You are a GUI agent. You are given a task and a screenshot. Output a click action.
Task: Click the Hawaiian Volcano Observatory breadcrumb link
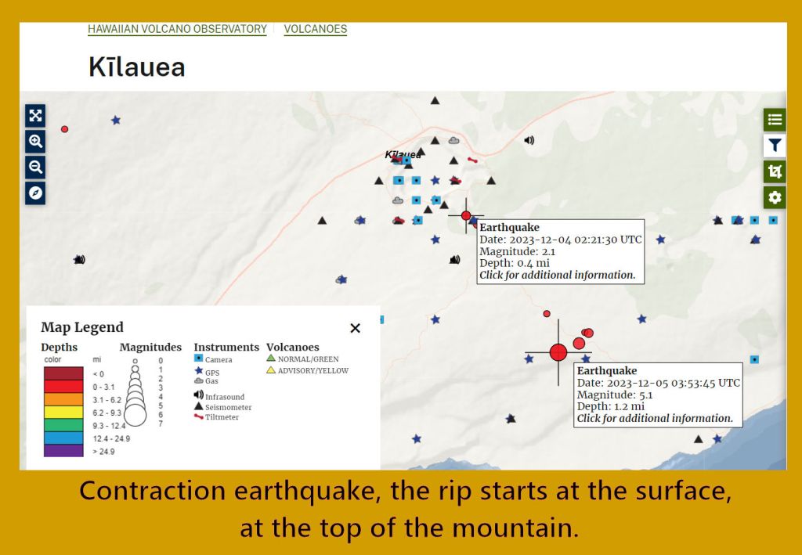click(x=177, y=29)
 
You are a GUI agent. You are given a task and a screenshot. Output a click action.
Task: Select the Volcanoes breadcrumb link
click(x=315, y=29)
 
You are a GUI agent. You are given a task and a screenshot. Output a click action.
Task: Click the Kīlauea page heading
click(x=136, y=67)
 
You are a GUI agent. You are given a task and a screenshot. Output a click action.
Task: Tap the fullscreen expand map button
click(x=35, y=116)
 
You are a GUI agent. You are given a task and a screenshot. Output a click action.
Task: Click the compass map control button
click(x=35, y=193)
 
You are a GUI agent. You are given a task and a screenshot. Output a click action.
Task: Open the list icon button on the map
click(x=775, y=120)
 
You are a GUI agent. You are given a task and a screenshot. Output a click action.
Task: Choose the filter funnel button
click(x=775, y=146)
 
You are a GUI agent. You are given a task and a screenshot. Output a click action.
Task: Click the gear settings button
click(x=775, y=197)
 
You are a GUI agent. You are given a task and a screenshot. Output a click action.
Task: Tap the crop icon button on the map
click(x=775, y=171)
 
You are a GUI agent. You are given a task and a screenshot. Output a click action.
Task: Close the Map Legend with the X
click(x=355, y=328)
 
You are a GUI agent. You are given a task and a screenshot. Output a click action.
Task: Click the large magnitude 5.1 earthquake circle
click(x=558, y=352)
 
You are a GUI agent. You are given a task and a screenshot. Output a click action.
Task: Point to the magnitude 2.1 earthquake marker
click(x=466, y=216)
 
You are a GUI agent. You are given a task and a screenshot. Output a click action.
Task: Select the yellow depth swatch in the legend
click(x=63, y=412)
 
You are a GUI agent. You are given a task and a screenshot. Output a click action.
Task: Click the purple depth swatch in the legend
click(x=63, y=451)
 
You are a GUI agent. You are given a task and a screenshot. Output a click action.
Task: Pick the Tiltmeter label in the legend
click(x=222, y=417)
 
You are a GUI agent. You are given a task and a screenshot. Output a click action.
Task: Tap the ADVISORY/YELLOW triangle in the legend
click(x=271, y=370)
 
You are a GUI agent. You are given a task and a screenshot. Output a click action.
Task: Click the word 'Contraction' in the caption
click(x=153, y=491)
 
